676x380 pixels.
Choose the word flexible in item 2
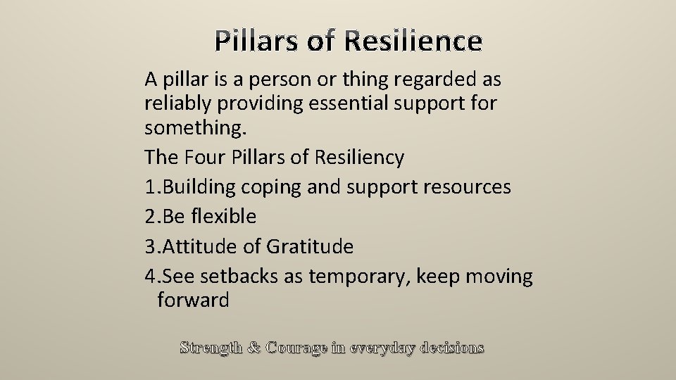(x=222, y=216)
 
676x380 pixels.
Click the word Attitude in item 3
(x=204, y=246)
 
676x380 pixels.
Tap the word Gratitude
(x=310, y=246)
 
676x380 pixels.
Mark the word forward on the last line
(x=194, y=300)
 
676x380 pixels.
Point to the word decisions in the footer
(x=451, y=348)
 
